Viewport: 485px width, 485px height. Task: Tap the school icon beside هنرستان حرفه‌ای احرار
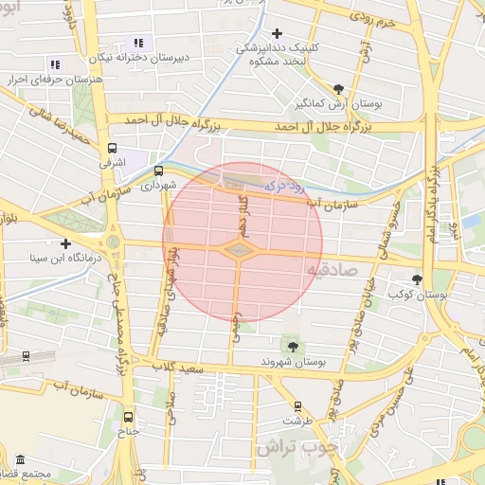(54, 64)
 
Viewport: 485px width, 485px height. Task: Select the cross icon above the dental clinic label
(277, 34)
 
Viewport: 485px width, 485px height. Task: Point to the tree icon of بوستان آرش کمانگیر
(338, 88)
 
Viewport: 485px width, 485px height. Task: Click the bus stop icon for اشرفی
(113, 149)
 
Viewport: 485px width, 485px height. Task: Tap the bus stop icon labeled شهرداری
(157, 171)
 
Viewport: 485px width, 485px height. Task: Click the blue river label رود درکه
(285, 188)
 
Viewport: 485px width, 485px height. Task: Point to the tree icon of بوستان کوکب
(418, 278)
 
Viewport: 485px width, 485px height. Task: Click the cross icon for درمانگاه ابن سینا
(64, 243)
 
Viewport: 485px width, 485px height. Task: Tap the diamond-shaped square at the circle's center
(239, 250)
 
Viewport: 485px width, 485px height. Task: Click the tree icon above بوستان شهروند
(292, 346)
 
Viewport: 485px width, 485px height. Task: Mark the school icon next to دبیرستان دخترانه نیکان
(139, 43)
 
